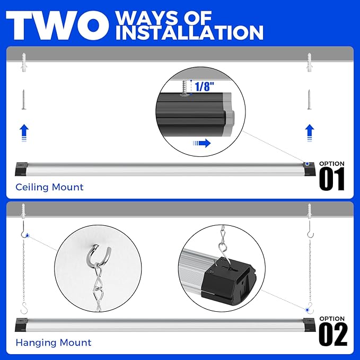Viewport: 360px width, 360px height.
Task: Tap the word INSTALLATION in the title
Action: (x=189, y=32)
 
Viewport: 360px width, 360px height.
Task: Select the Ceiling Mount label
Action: (x=49, y=187)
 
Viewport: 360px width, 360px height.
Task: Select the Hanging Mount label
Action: (x=53, y=343)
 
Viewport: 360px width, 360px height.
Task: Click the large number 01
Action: (x=332, y=179)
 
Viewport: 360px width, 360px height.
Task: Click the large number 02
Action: (x=333, y=335)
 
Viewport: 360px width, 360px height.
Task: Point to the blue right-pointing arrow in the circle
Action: (x=201, y=143)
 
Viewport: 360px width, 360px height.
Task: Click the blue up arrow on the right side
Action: (x=309, y=131)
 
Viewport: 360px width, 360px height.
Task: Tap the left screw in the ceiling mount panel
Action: (x=23, y=99)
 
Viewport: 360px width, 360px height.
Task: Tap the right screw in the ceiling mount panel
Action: (x=309, y=99)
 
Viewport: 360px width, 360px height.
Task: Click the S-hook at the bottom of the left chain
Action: (x=23, y=308)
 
